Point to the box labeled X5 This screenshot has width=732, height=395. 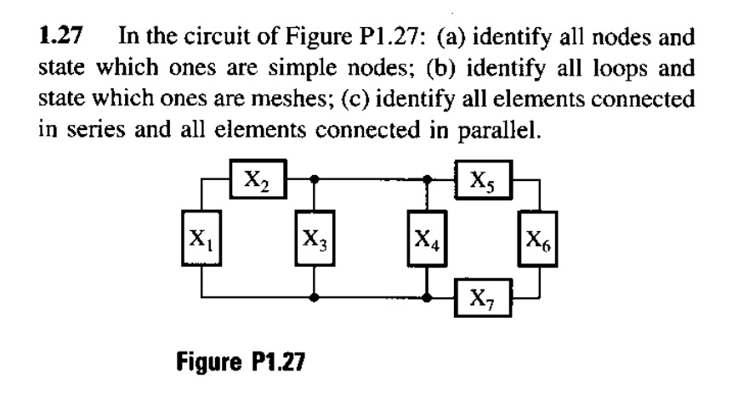(x=482, y=179)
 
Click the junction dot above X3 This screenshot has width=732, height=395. (x=315, y=180)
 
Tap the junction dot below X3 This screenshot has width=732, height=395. (x=315, y=298)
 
